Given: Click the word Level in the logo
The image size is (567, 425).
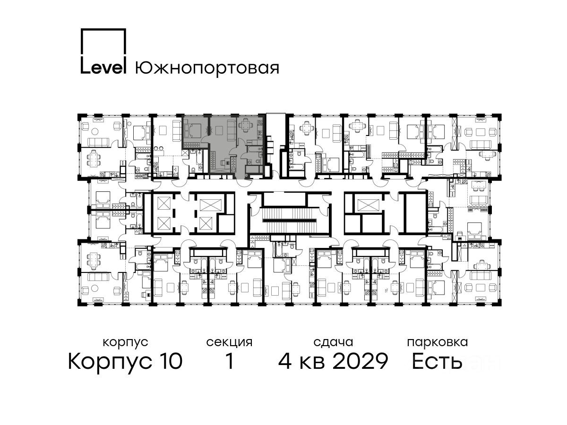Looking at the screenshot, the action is [x=103, y=68].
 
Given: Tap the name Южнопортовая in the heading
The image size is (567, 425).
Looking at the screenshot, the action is [x=207, y=68].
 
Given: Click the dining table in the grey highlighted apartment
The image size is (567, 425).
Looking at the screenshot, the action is [x=245, y=126].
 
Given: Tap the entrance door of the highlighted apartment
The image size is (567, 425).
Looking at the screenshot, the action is [x=244, y=182].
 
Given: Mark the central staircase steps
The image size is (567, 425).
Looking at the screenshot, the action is [x=290, y=221].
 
